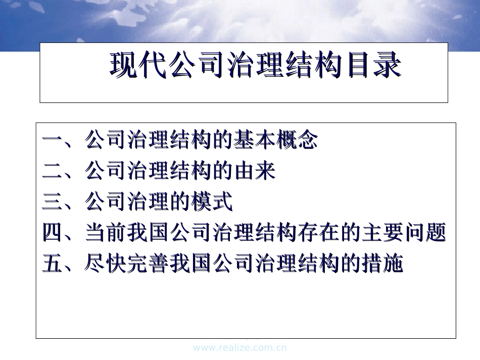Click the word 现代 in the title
point(138,65)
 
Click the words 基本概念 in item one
point(275,140)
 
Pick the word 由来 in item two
point(255,171)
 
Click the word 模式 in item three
point(212,201)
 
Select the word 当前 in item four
point(106,232)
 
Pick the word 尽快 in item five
point(106,264)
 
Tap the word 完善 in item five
point(149,264)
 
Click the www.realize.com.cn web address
point(240,348)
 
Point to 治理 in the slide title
point(256,65)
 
